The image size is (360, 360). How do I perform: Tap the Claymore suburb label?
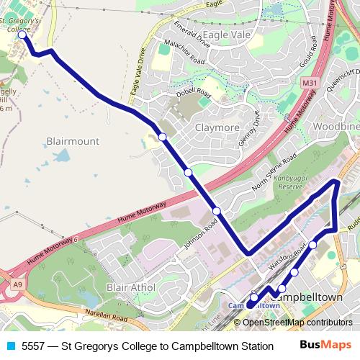tap(217, 127)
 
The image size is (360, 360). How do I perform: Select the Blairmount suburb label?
tap(72, 141)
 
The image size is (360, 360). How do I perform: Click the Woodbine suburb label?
tap(336, 126)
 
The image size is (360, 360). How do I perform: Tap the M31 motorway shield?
tap(310, 84)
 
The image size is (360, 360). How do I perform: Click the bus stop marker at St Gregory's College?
tap(22, 34)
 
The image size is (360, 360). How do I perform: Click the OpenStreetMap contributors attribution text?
tap(298, 322)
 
